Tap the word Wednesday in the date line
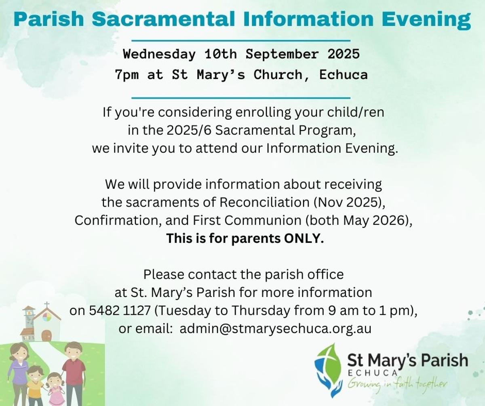(159, 54)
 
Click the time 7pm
(127, 75)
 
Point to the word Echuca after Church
(343, 75)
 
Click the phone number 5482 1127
(120, 310)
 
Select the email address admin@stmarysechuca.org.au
(276, 329)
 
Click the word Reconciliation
(264, 202)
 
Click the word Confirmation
(118, 220)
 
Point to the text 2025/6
(189, 130)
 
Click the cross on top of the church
(47, 305)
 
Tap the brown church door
(46, 335)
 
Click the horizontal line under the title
(241, 41)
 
